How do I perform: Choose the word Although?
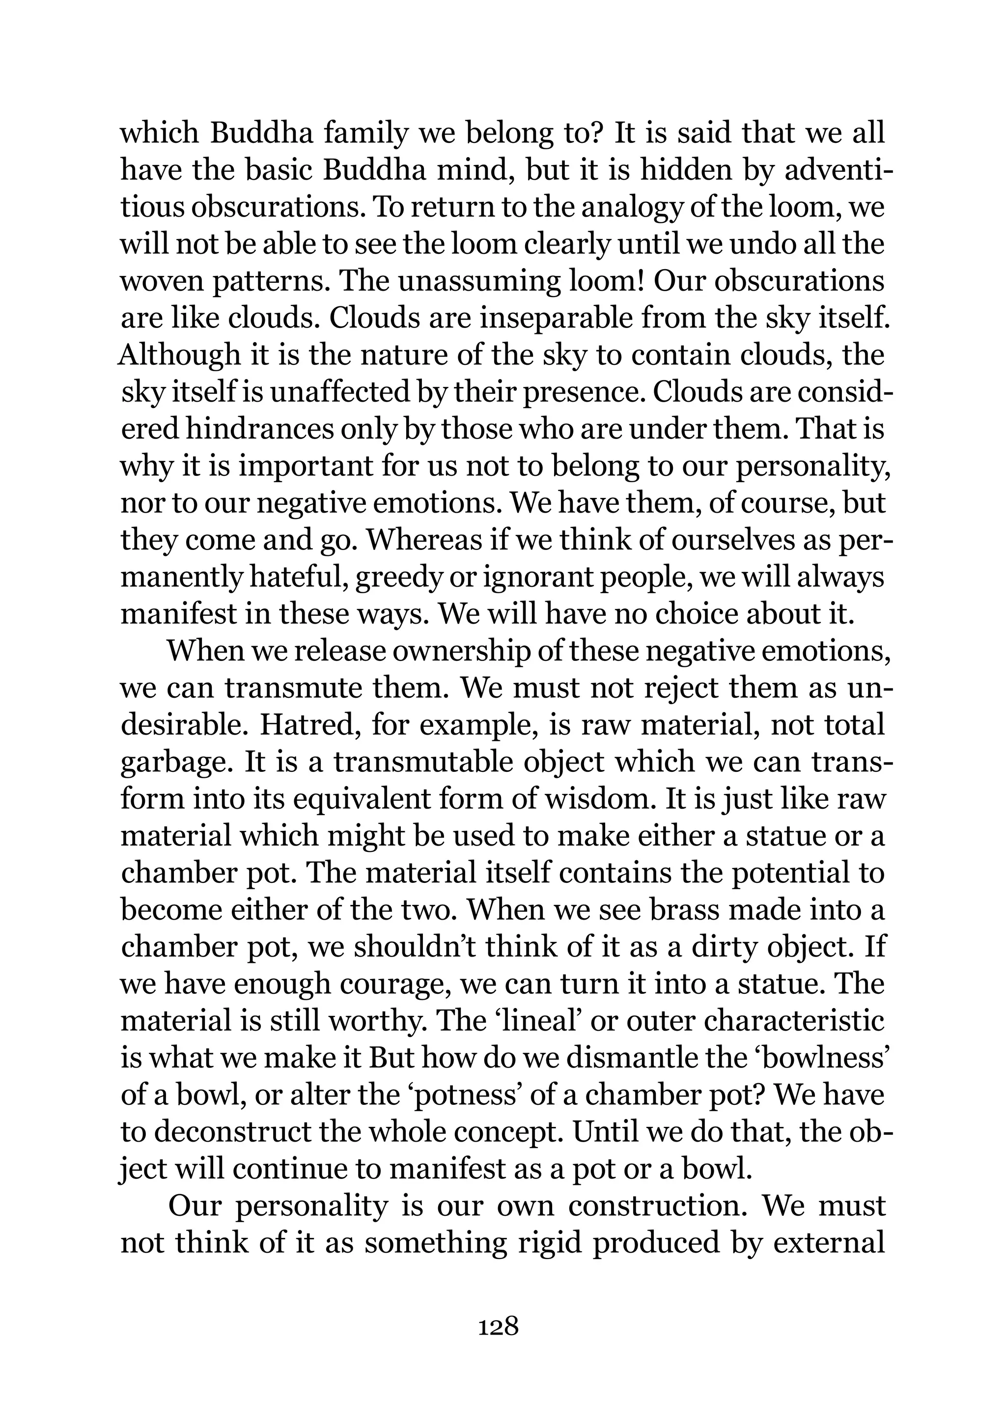point(179,355)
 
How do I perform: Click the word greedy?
point(393,577)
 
